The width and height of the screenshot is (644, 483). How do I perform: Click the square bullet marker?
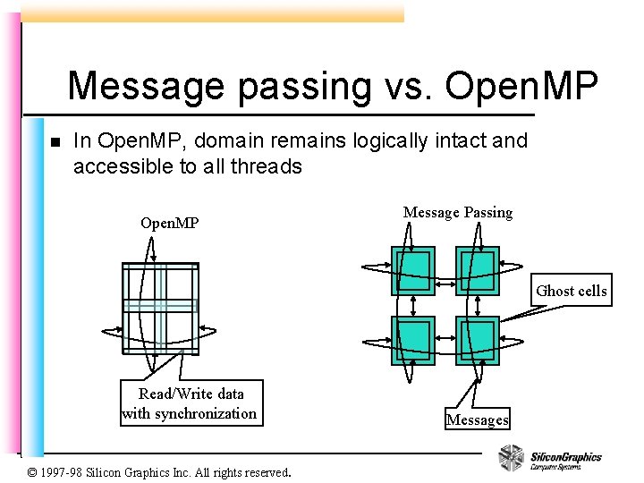[54, 142]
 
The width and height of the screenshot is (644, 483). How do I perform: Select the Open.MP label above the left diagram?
[170, 222]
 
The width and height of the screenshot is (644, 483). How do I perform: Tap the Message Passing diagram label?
[458, 213]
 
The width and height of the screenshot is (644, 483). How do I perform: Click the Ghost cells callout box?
[571, 291]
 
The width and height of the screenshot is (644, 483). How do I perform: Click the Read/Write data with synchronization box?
[190, 403]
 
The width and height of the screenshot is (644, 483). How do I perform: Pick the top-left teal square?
[413, 270]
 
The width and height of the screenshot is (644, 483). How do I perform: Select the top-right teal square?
[477, 270]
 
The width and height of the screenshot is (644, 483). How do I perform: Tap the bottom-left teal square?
[413, 340]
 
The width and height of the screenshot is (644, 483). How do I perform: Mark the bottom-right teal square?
[477, 340]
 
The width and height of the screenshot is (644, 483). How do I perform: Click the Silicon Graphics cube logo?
[511, 458]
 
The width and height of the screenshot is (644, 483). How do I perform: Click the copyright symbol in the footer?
[33, 472]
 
